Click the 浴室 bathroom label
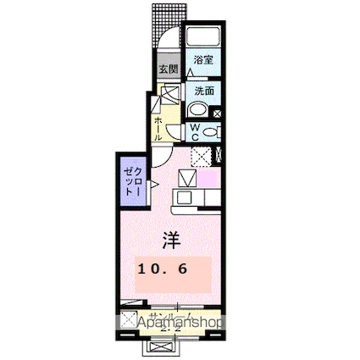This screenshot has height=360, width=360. click(202, 60)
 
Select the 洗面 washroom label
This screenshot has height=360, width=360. click(202, 91)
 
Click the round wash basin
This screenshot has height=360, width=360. click(197, 109)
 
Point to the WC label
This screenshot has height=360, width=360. click(194, 131)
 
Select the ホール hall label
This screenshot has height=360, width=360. click(158, 128)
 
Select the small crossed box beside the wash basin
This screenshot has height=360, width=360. click(218, 110)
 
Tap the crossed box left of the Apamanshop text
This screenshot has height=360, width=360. click(128, 320)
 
